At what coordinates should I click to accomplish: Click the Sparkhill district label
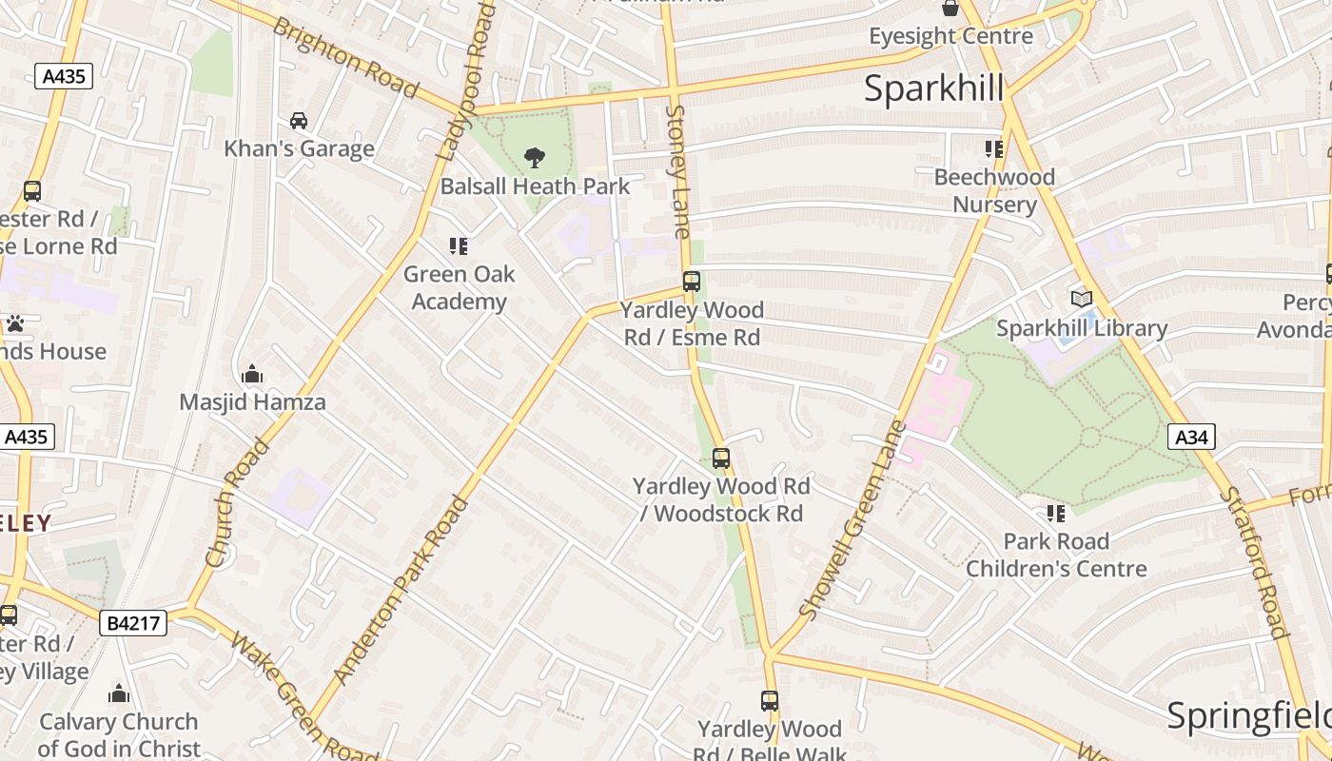pos(933,88)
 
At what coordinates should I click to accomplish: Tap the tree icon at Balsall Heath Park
pos(535,157)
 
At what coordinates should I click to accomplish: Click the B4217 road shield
pos(133,623)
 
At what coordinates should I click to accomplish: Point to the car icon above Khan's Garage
pos(299,121)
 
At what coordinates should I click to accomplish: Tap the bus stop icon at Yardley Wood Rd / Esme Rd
pos(692,282)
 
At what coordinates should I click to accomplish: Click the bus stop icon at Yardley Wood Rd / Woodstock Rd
pos(721,459)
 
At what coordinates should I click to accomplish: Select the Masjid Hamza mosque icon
pos(252,374)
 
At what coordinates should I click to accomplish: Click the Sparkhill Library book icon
pos(1082,300)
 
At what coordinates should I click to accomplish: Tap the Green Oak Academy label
pos(459,287)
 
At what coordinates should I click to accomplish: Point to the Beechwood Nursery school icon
pos(994,149)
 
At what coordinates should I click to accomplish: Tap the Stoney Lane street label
pos(677,171)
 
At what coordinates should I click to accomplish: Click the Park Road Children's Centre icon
pos(1056,514)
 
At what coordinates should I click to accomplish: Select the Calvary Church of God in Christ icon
pos(119,693)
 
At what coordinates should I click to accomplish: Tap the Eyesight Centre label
pos(950,36)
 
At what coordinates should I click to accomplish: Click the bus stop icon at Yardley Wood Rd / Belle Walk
pos(770,702)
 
